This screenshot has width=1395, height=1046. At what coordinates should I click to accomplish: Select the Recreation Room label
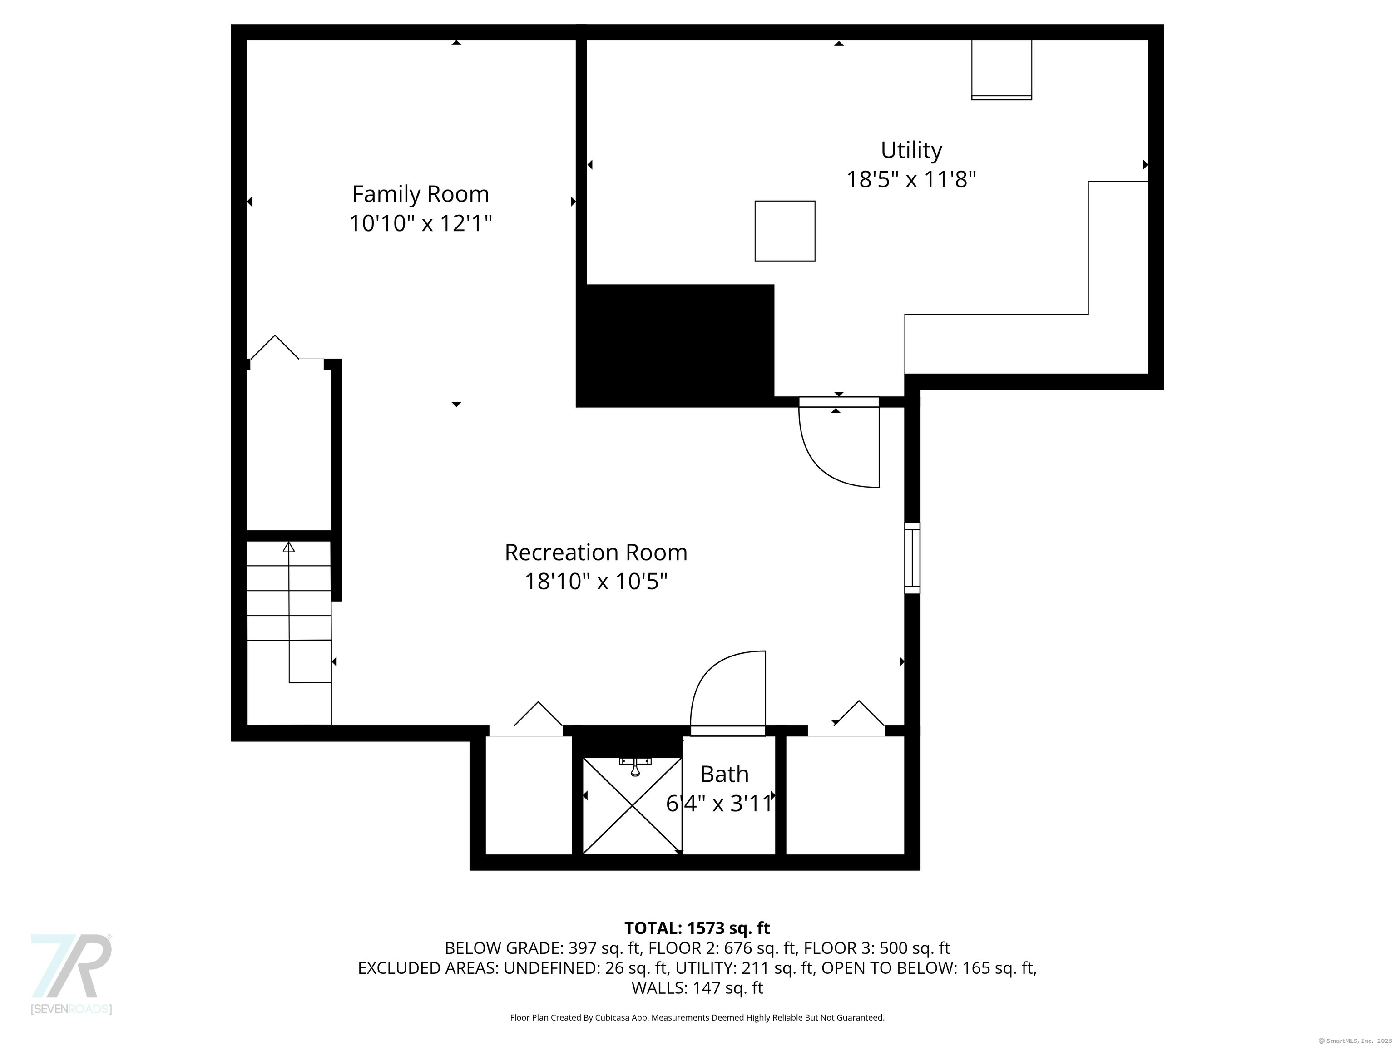596,553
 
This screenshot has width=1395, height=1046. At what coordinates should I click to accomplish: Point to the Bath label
725,774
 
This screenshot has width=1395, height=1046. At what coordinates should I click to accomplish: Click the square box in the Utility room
785,231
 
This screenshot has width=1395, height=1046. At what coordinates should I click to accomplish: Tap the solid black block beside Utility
675,345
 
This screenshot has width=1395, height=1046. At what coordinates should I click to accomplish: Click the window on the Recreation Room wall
912,558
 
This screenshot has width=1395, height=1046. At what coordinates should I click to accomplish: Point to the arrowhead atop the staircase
289,547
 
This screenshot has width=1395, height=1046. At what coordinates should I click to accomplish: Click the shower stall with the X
632,806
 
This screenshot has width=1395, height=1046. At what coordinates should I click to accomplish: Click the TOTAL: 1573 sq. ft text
697,928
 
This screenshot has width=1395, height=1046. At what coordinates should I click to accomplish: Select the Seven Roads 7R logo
71,974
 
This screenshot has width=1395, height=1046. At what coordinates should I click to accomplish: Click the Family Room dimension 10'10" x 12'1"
420,223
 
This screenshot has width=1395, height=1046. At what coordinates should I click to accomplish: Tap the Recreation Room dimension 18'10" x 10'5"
596,581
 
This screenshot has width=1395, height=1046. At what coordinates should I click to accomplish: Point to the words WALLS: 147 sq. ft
697,987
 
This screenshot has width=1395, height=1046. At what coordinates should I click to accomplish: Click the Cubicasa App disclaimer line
697,1018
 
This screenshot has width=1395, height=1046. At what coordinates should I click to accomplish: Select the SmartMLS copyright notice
1356,1041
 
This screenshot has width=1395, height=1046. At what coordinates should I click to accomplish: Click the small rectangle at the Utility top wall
1001,70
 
